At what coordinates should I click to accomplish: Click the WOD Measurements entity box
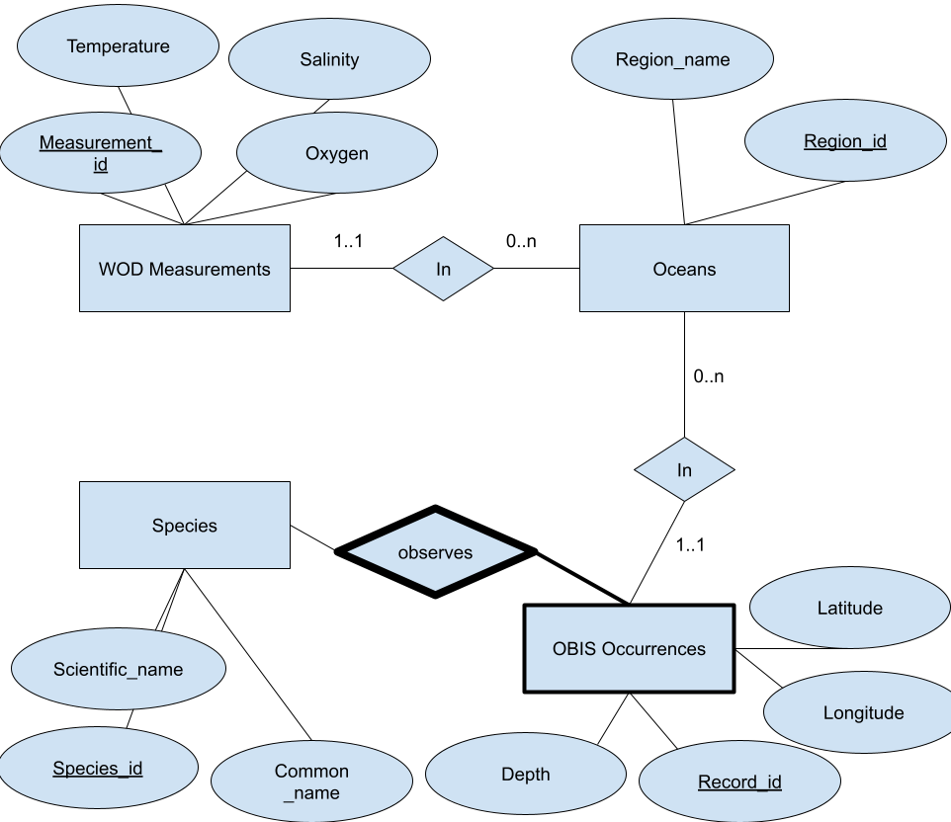pyautogui.click(x=184, y=269)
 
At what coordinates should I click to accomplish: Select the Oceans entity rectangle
pyautogui.click(x=684, y=269)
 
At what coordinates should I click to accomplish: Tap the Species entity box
pyautogui.click(x=184, y=526)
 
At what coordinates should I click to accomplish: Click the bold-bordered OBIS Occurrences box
pyautogui.click(x=629, y=649)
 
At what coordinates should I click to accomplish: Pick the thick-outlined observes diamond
pyautogui.click(x=435, y=552)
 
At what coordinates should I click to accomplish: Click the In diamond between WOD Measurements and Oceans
pyautogui.click(x=443, y=269)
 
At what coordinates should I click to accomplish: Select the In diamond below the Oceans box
pyautogui.click(x=684, y=470)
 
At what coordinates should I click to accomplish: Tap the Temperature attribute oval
pyautogui.click(x=118, y=46)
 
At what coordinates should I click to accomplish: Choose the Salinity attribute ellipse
pyautogui.click(x=329, y=60)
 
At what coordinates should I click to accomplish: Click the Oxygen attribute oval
pyautogui.click(x=336, y=154)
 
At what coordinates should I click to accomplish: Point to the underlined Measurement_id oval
pyautogui.click(x=100, y=153)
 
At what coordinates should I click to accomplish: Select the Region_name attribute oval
pyautogui.click(x=672, y=60)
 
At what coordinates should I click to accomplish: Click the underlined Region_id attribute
pyautogui.click(x=845, y=142)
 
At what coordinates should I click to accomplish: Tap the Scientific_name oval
pyautogui.click(x=119, y=670)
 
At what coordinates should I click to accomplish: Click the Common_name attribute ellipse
pyautogui.click(x=311, y=781)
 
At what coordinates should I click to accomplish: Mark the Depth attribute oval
pyautogui.click(x=525, y=775)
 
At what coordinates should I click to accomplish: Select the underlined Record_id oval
pyautogui.click(x=739, y=782)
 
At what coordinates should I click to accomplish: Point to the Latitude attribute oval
pyautogui.click(x=849, y=609)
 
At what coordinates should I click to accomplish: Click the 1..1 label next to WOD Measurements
pyautogui.click(x=349, y=240)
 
